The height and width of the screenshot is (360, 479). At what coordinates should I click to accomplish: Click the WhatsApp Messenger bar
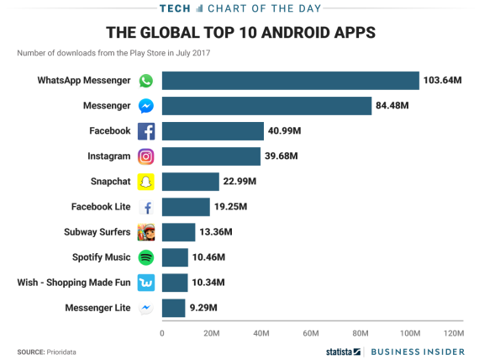(x=290, y=81)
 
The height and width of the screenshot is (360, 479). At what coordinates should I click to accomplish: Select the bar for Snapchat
(x=190, y=182)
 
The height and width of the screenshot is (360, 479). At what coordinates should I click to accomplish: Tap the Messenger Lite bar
(x=173, y=308)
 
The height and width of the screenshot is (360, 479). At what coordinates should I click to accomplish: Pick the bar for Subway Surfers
(x=178, y=232)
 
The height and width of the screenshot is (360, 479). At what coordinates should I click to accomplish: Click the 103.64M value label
(x=445, y=81)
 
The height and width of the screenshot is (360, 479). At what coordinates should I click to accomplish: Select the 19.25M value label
(x=232, y=207)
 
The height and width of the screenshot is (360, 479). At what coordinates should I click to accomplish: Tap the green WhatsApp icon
(x=146, y=81)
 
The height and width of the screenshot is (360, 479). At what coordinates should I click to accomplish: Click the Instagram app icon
(x=146, y=156)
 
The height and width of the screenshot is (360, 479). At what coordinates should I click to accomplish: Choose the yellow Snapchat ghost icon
(x=146, y=182)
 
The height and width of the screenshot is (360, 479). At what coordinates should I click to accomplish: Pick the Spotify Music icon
(x=146, y=257)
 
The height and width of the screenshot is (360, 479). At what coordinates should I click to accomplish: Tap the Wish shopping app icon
(x=146, y=283)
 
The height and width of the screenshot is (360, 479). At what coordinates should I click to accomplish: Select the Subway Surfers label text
(x=97, y=232)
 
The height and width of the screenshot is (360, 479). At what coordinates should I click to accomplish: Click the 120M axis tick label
(x=453, y=333)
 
